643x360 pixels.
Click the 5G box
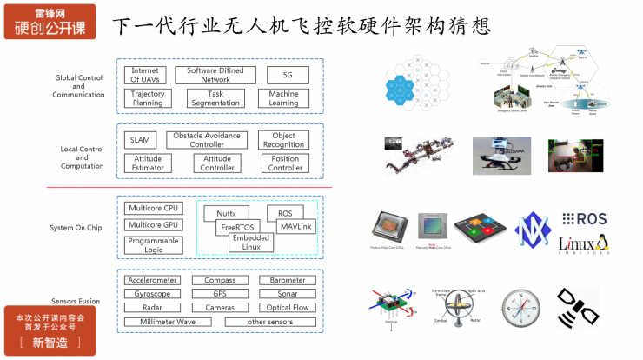click(288, 75)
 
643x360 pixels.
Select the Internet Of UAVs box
click(147, 75)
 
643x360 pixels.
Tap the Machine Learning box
click(284, 98)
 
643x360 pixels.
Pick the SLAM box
click(140, 140)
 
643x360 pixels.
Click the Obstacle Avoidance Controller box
click(207, 140)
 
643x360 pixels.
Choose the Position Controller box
click(283, 163)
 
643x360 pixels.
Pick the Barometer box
click(287, 281)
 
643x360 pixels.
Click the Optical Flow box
click(287, 308)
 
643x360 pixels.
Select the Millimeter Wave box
click(169, 322)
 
